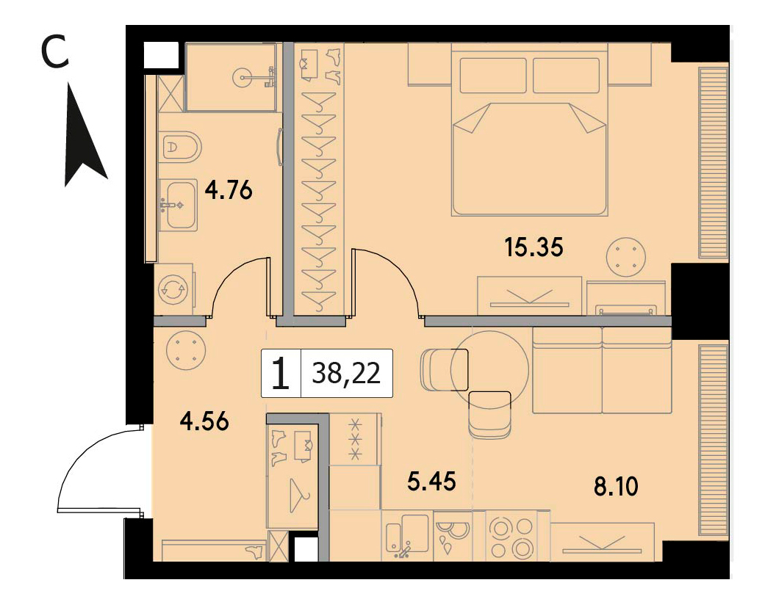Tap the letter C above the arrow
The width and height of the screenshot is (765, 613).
54,53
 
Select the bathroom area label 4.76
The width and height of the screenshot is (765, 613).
229,189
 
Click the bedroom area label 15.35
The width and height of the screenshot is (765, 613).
534,247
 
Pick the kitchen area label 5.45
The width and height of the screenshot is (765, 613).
432,482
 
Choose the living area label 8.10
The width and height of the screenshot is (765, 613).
616,486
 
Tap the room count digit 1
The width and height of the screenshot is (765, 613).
281,374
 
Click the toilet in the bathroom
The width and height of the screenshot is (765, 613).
180,147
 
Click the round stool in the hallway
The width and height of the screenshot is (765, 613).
186,350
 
